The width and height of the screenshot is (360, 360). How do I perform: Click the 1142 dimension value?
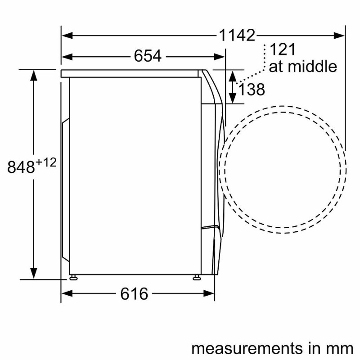(237, 36)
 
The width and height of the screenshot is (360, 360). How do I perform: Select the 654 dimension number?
(148, 56)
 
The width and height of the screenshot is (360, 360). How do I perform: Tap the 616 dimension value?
(134, 294)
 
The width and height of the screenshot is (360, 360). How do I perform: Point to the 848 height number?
(21, 167)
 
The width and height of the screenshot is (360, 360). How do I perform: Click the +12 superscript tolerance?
(46, 163)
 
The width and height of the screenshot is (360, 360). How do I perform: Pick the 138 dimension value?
(252, 89)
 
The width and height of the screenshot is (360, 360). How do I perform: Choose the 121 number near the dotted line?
(283, 49)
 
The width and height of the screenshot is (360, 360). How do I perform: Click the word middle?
(312, 67)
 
